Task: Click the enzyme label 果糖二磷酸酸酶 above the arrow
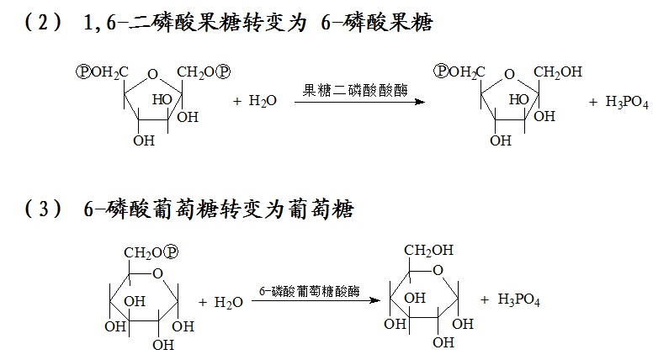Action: pyautogui.click(x=354, y=90)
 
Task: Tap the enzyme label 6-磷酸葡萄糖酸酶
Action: pyautogui.click(x=309, y=292)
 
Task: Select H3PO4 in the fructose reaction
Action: pyautogui.click(x=618, y=102)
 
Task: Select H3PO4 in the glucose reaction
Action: pyautogui.click(x=518, y=299)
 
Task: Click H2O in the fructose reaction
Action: pyautogui.click(x=263, y=101)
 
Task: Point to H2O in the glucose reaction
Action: pyautogui.click(x=229, y=302)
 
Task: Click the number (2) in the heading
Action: pyautogui.click(x=44, y=24)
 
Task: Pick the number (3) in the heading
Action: pyautogui.click(x=44, y=209)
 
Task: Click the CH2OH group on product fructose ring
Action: pyautogui.click(x=558, y=73)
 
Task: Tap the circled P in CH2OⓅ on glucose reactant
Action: pyautogui.click(x=173, y=252)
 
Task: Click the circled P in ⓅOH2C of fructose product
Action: pyautogui.click(x=441, y=72)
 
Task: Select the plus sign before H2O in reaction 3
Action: pyautogui.click(x=204, y=302)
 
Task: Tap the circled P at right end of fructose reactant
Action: pyautogui.click(x=224, y=72)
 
